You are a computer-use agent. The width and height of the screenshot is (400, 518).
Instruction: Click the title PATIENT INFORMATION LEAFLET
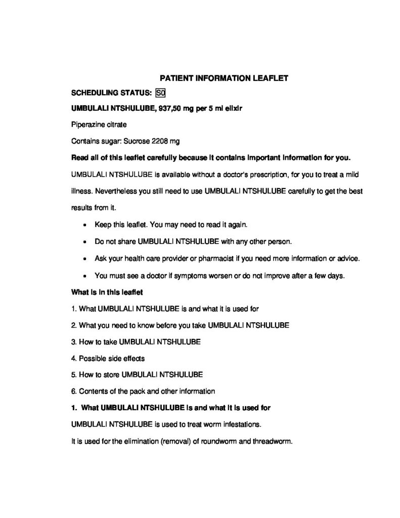pos(224,78)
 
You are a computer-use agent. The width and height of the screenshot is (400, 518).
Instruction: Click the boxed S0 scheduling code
pos(161,93)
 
